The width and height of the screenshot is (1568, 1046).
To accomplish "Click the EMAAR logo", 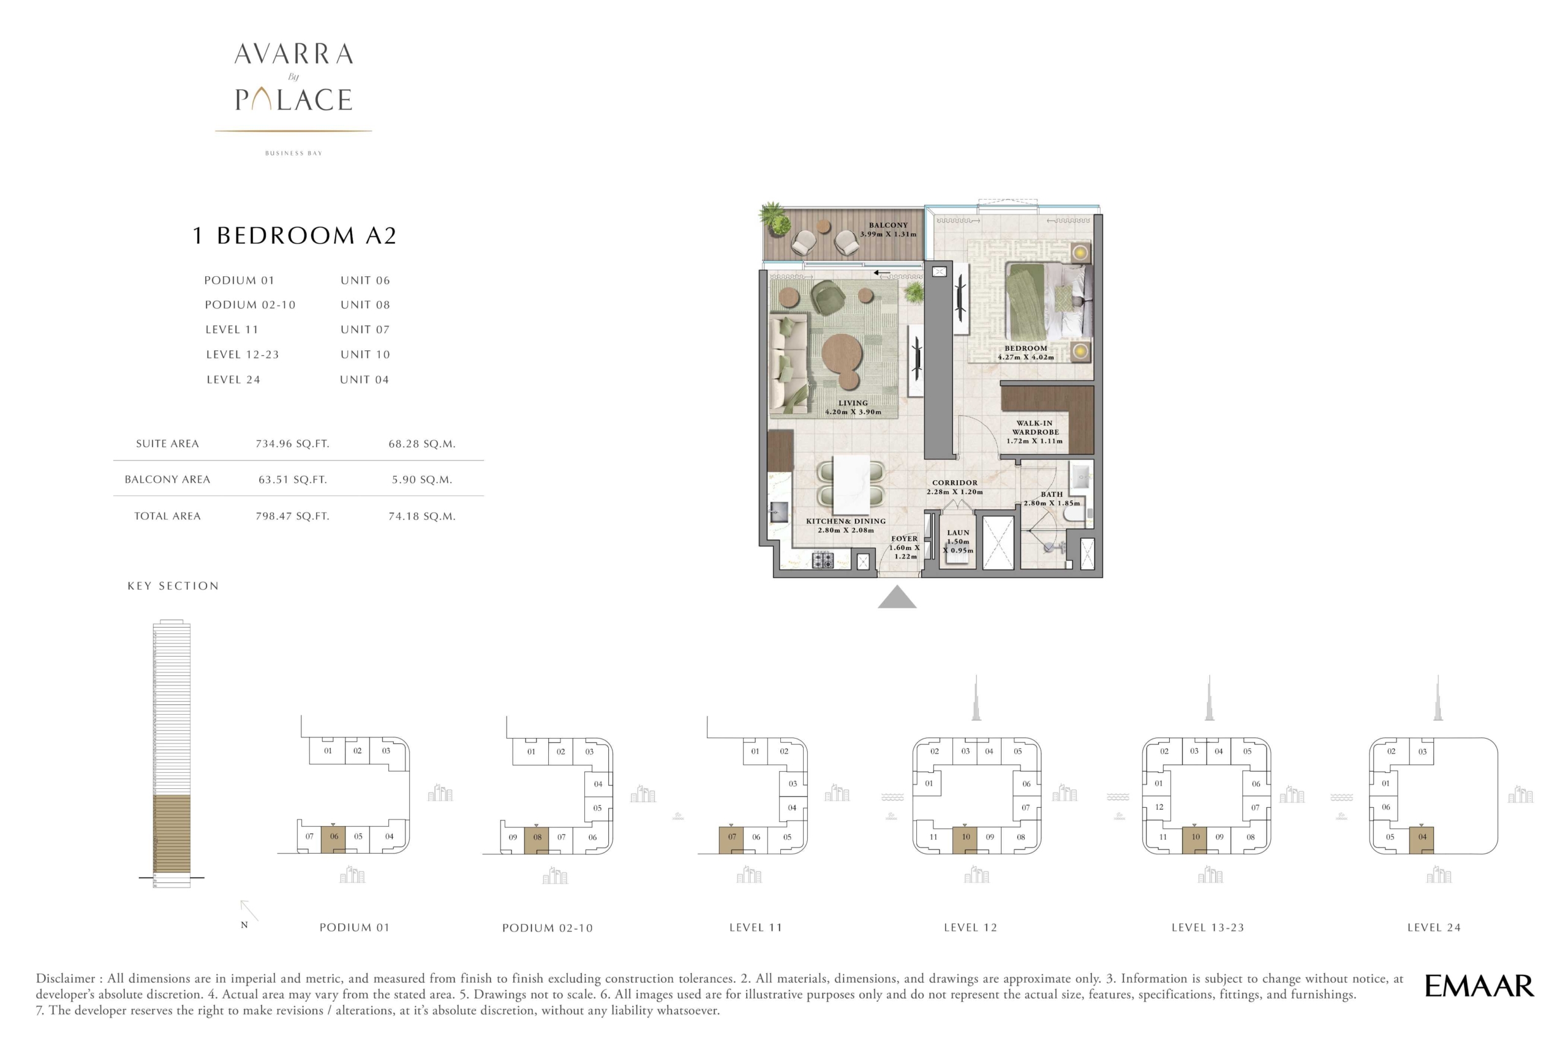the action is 1479,986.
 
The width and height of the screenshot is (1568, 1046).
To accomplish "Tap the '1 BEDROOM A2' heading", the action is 294,236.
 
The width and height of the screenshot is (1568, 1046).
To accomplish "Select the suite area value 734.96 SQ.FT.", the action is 292,443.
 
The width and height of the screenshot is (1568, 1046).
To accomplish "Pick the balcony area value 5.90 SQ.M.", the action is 421,480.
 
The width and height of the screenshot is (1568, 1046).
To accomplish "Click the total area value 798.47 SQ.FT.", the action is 292,516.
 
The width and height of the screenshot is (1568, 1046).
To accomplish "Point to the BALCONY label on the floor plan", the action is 888,225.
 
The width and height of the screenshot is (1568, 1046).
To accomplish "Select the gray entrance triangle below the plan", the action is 897,597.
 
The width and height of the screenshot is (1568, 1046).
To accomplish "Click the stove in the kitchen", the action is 823,560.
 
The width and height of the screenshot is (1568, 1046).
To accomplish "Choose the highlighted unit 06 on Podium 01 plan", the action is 333,839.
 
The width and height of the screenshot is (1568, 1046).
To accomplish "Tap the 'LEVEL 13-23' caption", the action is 1208,927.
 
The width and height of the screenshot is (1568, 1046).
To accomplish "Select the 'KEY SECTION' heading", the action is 173,585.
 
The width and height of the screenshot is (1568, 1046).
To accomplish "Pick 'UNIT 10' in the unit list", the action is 365,354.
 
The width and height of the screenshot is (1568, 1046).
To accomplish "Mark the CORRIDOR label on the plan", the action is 955,483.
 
